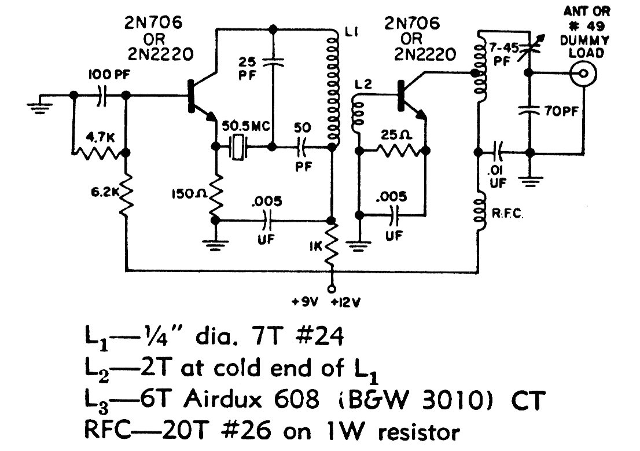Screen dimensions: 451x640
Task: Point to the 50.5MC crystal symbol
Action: [237, 147]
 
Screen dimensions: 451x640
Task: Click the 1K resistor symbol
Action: [332, 245]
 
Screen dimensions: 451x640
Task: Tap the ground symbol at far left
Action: [41, 104]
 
